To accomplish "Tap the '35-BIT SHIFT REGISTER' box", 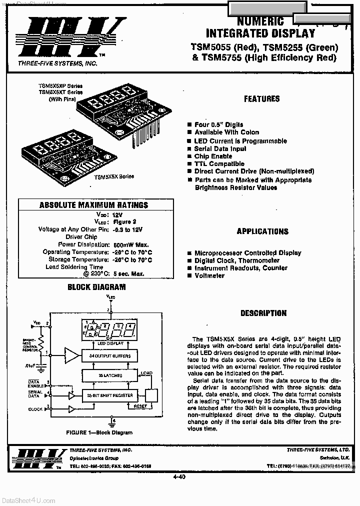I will [109, 395].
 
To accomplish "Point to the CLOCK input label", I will [35, 409].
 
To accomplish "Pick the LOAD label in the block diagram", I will [146, 373].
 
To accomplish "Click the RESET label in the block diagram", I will [140, 406].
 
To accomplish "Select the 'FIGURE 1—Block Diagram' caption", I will [99, 432].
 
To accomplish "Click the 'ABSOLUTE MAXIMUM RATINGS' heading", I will [93, 205].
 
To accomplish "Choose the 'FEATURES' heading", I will [261, 99].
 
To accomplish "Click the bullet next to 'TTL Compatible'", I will [189, 164].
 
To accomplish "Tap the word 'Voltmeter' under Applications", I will [209, 275].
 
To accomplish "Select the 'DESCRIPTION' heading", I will [263, 313].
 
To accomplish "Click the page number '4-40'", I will [179, 476].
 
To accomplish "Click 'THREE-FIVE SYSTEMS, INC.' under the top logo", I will [57, 63].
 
